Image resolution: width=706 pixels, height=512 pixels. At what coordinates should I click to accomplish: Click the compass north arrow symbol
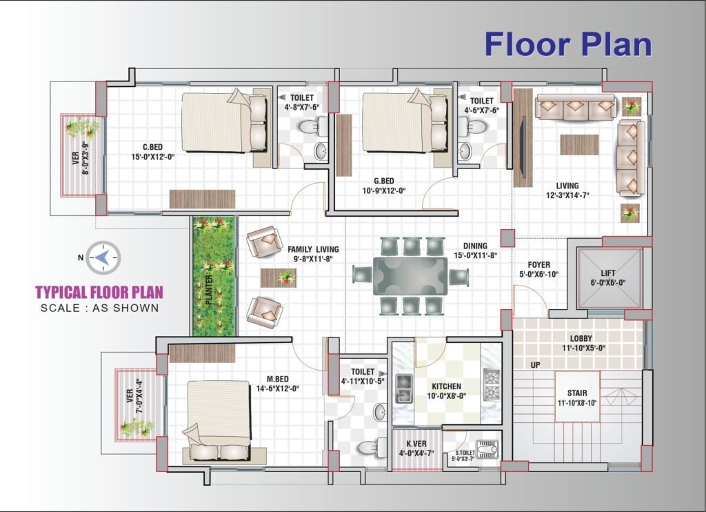coord(103,258)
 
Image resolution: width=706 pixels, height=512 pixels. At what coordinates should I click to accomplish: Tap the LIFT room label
coord(608,273)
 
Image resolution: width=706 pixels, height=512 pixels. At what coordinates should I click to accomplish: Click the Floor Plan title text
coord(568,44)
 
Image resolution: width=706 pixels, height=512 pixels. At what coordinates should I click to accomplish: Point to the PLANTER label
coord(209,290)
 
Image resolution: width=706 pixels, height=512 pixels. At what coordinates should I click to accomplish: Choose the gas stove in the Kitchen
coord(491,384)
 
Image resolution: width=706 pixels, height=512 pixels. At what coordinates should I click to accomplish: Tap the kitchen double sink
coord(403,388)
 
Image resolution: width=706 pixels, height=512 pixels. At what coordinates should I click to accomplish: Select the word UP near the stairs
coord(535,365)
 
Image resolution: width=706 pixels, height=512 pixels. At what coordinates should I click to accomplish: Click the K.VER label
coord(416,444)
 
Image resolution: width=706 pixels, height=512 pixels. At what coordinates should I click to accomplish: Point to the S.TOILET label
coord(465,453)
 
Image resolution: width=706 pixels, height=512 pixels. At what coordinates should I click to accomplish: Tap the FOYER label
coord(539,265)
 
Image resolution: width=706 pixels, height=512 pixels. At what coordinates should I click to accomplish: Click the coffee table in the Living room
coord(579,145)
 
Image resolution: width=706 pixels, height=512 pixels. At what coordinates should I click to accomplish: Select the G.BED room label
coord(383,181)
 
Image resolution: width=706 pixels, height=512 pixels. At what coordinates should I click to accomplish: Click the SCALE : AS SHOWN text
coord(100,308)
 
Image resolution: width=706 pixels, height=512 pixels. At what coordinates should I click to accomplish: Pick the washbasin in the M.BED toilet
coord(380,412)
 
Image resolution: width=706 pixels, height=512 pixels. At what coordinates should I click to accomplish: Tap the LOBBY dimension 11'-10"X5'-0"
coord(583,348)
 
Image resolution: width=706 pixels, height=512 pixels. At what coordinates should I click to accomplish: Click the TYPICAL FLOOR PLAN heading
coord(99,292)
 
